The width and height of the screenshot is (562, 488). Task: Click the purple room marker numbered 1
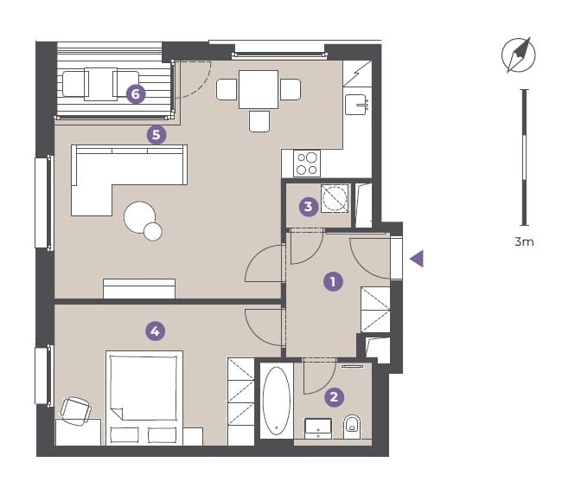point(333,281)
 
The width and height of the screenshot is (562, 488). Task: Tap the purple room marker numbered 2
point(334,397)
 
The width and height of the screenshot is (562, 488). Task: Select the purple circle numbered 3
point(309,207)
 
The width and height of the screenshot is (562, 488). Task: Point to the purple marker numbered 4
point(155,331)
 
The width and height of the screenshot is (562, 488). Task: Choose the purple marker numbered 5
point(156,135)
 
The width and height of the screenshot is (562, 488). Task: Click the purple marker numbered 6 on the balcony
point(136,94)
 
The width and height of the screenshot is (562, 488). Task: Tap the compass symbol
point(518,55)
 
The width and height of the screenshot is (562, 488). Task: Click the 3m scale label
point(524,241)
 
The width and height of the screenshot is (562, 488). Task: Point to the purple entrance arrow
point(417,259)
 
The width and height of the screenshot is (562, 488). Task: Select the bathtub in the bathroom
point(277,401)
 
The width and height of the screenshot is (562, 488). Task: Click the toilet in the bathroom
point(352,427)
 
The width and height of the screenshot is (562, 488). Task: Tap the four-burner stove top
point(307,164)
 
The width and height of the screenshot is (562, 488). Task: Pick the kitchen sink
point(355,105)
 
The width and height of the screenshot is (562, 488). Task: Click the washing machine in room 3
point(335,199)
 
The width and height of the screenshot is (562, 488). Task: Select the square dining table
point(259,89)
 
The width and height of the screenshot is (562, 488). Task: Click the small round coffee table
point(153,231)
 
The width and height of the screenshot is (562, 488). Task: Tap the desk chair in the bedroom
point(75,410)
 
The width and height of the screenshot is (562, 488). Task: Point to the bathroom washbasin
point(318,427)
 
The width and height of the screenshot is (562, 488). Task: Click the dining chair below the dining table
point(259,121)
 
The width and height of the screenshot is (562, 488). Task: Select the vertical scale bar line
point(524,157)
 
